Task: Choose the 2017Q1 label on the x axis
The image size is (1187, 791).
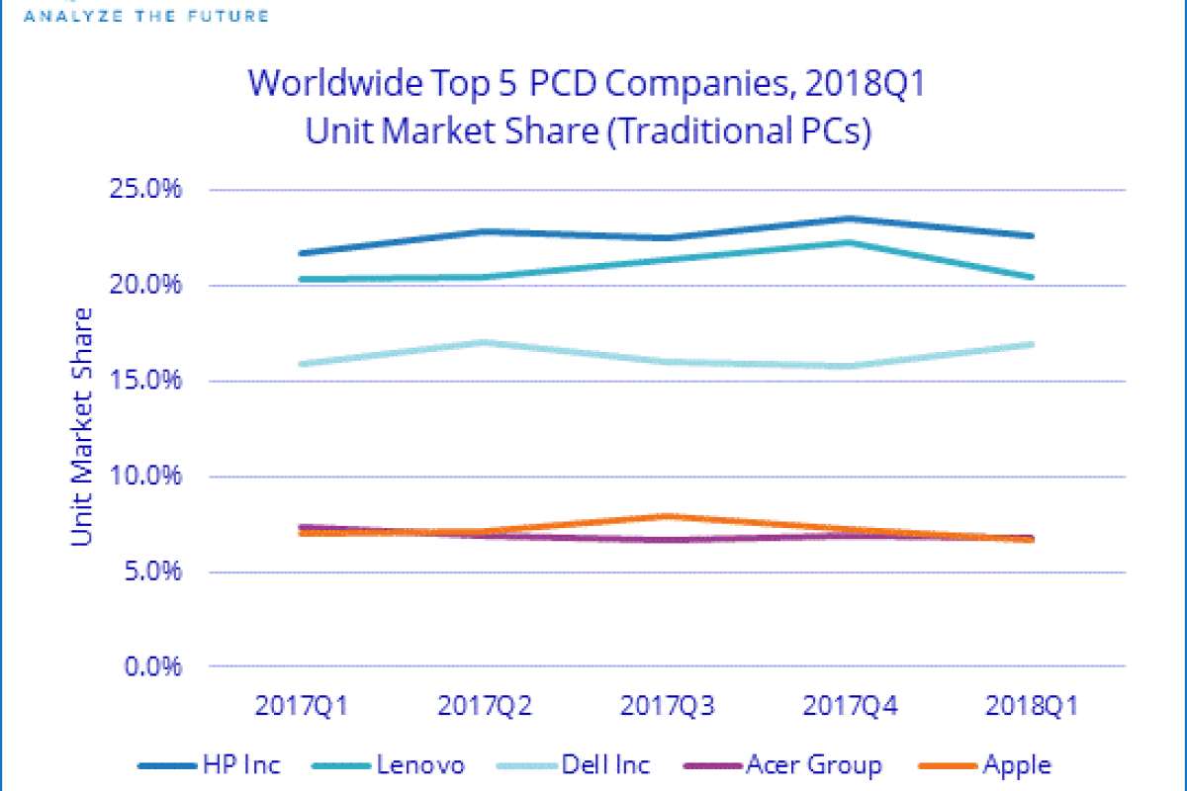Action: (302, 707)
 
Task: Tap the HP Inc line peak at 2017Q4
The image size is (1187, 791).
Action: (848, 219)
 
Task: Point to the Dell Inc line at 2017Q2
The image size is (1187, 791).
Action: (484, 342)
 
